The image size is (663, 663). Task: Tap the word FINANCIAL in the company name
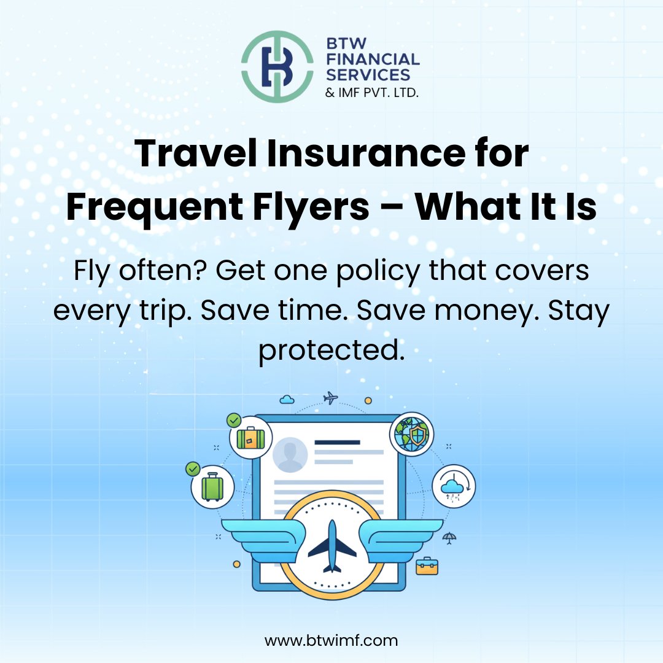click(374, 60)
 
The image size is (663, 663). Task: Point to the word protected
click(331, 351)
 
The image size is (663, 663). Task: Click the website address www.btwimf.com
click(331, 640)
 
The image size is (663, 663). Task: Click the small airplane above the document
click(330, 398)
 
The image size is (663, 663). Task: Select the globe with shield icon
click(411, 435)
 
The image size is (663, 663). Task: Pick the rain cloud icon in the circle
click(454, 487)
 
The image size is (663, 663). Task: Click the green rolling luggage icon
click(212, 488)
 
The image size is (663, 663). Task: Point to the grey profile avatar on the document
click(290, 455)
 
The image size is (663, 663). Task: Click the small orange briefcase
click(427, 565)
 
